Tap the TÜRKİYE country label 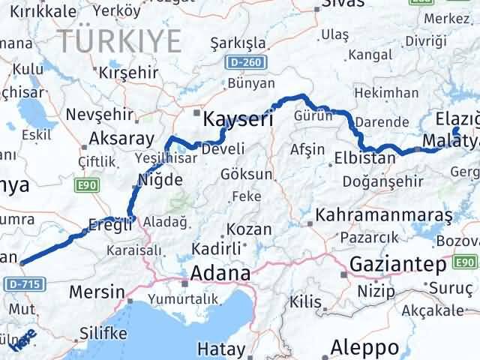click(121, 39)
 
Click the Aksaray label click(121, 139)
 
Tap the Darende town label click(381, 121)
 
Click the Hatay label click(220, 349)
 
